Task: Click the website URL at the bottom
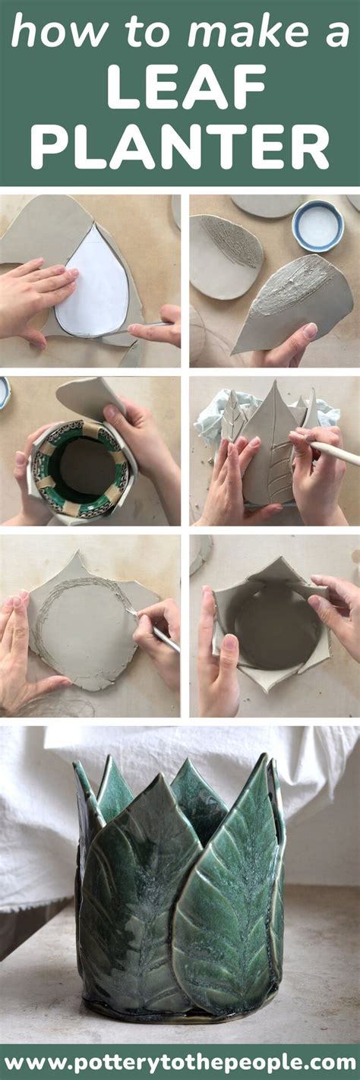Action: click(180, 1062)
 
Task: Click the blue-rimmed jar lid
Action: click(317, 225)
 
